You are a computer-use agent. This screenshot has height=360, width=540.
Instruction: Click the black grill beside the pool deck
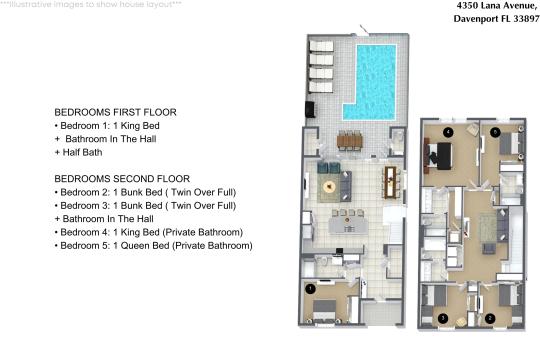tap(310, 109)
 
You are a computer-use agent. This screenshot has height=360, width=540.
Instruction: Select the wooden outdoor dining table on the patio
tap(350, 141)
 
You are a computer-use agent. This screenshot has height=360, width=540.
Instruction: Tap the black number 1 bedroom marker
tap(310, 289)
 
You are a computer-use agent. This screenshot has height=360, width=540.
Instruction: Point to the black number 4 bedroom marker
tap(448, 132)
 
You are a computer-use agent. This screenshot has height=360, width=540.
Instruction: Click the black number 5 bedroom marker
tap(495, 132)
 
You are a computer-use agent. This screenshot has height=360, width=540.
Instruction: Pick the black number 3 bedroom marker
tap(443, 318)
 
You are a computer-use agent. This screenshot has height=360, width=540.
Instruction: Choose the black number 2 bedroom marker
tap(490, 318)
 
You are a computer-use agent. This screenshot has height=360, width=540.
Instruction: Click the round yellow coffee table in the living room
tap(330, 187)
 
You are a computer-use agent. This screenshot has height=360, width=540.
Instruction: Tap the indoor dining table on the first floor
tap(391, 182)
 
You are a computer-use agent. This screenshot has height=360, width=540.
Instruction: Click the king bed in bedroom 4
tap(438, 156)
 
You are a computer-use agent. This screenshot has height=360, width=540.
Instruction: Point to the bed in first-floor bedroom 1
tap(324, 310)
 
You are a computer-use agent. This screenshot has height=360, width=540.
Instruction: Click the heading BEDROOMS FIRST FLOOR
tap(115, 112)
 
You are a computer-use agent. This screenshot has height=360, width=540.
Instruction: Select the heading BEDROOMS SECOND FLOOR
tap(122, 179)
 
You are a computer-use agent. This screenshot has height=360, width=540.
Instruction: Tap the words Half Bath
tap(82, 152)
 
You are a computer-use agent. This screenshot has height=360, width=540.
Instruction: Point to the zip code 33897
tap(526, 19)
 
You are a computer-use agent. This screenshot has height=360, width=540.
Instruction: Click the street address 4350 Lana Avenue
tap(497, 6)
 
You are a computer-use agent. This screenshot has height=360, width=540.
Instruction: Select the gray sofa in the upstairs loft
tap(502, 225)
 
